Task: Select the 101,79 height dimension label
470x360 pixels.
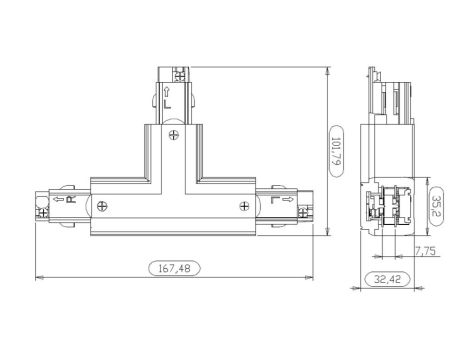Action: point(337,154)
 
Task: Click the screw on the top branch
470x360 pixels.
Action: point(173,135)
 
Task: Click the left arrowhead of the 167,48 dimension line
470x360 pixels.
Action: point(38,276)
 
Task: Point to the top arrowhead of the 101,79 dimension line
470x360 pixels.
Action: point(330,71)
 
